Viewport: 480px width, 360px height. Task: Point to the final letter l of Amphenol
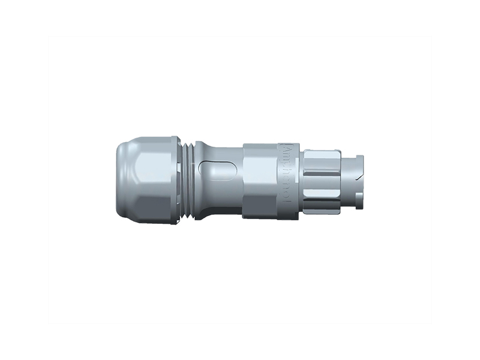(x=286, y=207)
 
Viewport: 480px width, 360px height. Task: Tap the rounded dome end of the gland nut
(x=121, y=180)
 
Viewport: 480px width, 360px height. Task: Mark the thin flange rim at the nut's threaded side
(x=178, y=180)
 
